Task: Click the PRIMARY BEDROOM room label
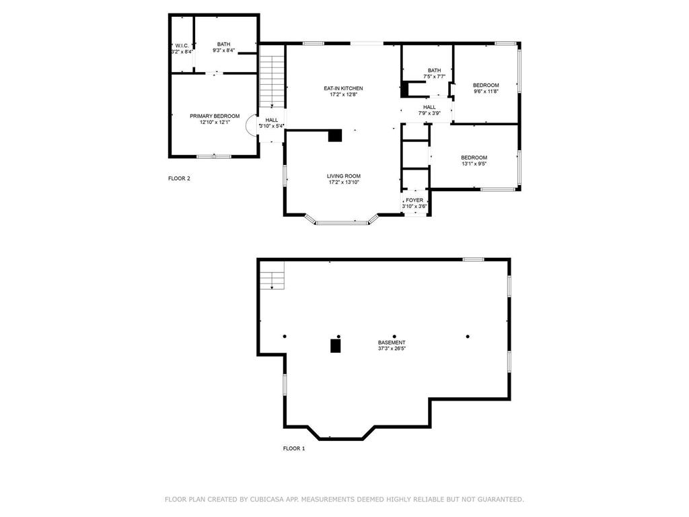click(214, 116)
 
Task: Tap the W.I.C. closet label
click(181, 45)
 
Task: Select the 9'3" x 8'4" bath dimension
click(223, 50)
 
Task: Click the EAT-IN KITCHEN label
click(343, 88)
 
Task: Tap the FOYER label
click(414, 200)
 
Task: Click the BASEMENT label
click(392, 342)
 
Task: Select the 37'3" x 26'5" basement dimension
click(392, 349)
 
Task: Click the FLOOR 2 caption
click(179, 178)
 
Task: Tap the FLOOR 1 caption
click(293, 448)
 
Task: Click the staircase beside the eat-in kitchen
click(273, 81)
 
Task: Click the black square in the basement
click(335, 346)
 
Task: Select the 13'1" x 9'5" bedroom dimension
click(474, 164)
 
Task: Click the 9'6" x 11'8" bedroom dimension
click(485, 91)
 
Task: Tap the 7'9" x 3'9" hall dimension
click(429, 113)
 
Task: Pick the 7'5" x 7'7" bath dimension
click(434, 76)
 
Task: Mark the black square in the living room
click(334, 135)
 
